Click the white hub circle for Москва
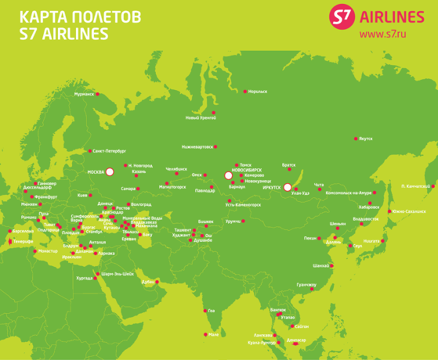(109, 171)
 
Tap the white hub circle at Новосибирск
(228, 175)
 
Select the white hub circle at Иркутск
(287, 187)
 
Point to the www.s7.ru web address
(383, 35)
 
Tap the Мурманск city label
(84, 94)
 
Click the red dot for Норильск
(245, 91)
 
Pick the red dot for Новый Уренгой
(213, 113)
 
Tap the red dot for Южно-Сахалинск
(390, 211)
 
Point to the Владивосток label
(365, 219)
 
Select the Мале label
(213, 335)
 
